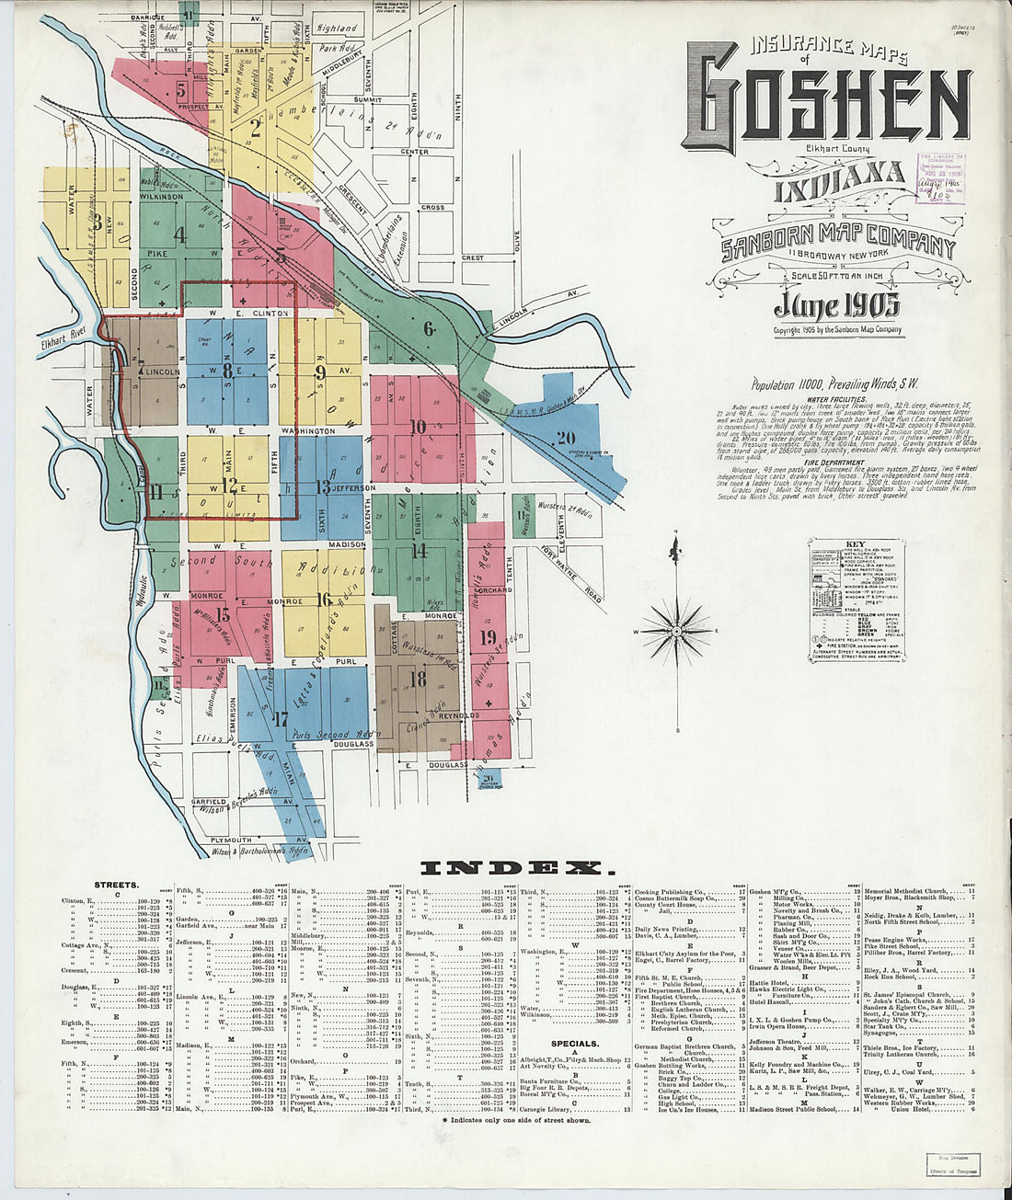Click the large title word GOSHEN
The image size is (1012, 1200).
(x=825, y=104)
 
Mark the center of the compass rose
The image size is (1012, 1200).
(x=676, y=632)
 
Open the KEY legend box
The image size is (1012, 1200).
(x=857, y=599)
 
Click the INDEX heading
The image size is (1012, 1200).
(x=512, y=868)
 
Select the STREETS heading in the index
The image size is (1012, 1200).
(x=117, y=885)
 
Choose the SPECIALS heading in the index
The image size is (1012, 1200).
(x=575, y=1044)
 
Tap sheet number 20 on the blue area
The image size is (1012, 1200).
(x=565, y=439)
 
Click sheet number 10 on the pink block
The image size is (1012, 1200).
(x=418, y=426)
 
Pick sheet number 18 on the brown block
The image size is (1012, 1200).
(x=418, y=680)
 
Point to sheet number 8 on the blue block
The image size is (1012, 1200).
(x=227, y=371)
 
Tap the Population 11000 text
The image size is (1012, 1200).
(x=834, y=384)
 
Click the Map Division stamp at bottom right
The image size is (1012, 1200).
(x=951, y=1164)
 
